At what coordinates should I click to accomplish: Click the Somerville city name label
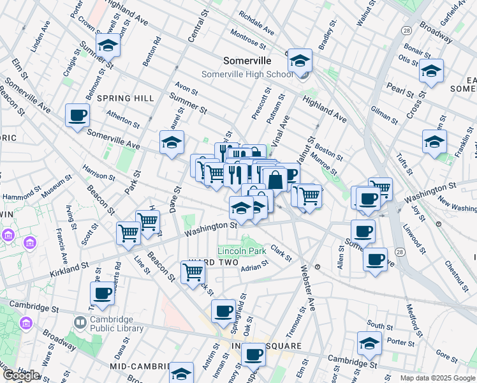(247, 61)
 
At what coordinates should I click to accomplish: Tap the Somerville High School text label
(247, 74)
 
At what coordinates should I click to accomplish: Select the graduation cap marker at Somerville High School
(300, 61)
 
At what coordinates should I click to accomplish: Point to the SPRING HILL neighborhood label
(126, 98)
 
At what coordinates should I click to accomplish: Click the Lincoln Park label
(242, 251)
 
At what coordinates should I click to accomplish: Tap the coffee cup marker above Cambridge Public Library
(102, 294)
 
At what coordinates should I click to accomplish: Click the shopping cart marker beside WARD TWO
(193, 273)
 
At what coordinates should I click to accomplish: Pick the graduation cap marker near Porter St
(369, 343)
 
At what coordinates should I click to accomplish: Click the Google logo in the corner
(20, 375)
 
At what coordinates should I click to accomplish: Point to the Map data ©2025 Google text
(437, 378)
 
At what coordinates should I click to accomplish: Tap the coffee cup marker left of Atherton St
(77, 116)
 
